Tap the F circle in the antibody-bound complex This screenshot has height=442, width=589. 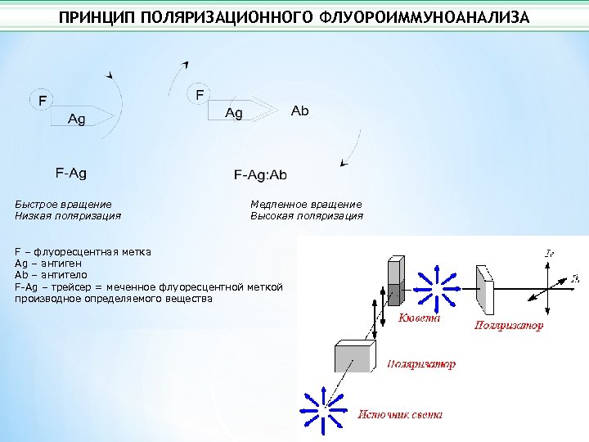200,94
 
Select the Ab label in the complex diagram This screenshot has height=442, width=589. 300,110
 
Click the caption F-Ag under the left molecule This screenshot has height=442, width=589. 71,173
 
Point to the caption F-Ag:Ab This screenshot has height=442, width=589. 261,174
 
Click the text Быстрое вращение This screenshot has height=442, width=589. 63,204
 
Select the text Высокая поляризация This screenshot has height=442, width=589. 307,216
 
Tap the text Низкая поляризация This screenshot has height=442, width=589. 68,216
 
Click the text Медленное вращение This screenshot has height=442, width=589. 306,204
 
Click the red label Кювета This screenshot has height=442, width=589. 420,318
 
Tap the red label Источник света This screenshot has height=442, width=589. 400,414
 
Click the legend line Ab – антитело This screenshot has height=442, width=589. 51,275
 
